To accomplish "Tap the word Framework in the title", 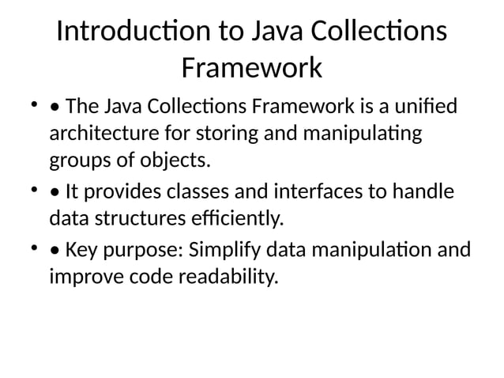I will pos(251,68).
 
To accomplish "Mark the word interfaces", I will pos(315,191).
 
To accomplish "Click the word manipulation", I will pos(369,251).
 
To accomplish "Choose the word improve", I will pos(85,278).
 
